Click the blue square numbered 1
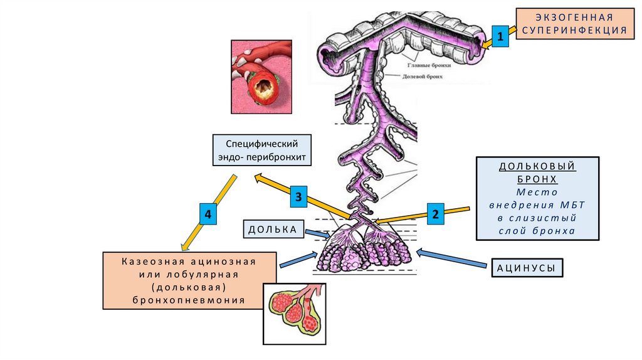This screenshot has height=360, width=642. (x=500, y=38)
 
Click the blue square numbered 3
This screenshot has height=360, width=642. (x=299, y=198)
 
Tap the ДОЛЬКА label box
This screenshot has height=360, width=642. (x=272, y=230)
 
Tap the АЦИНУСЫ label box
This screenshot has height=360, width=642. (x=526, y=268)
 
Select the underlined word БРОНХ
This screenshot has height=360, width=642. (x=537, y=179)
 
